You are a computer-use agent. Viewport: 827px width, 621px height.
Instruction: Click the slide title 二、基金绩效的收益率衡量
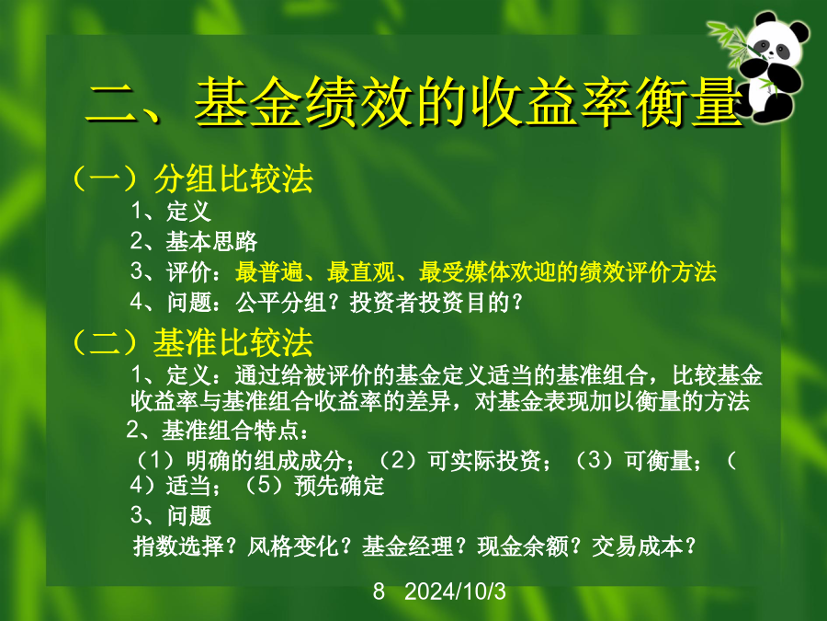point(414,102)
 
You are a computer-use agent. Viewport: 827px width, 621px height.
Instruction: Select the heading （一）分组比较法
point(193,178)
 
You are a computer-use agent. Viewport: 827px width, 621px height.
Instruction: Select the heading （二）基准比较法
point(193,342)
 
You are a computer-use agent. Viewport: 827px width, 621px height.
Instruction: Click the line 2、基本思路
point(194,241)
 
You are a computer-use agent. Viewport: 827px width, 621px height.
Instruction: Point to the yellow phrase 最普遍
point(269,272)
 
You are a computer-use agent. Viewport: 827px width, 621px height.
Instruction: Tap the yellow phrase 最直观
point(361,272)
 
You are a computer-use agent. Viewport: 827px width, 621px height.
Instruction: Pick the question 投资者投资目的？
point(436,303)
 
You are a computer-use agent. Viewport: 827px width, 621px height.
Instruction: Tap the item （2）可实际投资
point(459,461)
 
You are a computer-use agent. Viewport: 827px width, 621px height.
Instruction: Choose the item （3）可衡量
point(632,461)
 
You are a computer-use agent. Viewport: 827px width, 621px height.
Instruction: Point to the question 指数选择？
point(185,546)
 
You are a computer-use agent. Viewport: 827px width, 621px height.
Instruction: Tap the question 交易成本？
point(644,546)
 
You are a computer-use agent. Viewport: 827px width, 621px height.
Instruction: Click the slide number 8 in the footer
point(379,592)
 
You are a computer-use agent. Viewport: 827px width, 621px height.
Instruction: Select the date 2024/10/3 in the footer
point(455,592)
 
